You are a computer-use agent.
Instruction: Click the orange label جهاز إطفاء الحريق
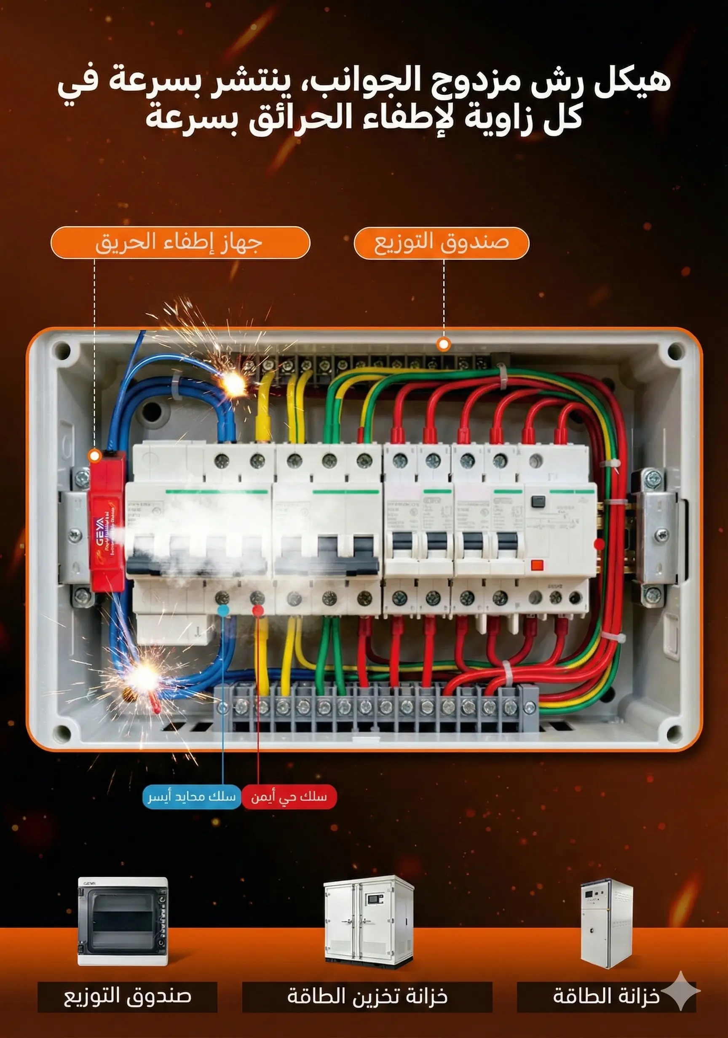(180, 243)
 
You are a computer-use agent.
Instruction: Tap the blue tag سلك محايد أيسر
(192, 797)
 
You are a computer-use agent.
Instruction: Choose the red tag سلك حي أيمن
(289, 797)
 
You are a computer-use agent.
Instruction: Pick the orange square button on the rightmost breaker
(537, 564)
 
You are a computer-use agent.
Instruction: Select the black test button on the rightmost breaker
(538, 501)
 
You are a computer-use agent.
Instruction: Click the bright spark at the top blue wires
(234, 384)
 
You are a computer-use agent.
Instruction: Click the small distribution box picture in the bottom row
(123, 921)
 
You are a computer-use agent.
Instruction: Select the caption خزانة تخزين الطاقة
(367, 996)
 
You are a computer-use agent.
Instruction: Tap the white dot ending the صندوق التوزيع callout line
(444, 345)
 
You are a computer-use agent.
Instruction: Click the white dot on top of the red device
(94, 456)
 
